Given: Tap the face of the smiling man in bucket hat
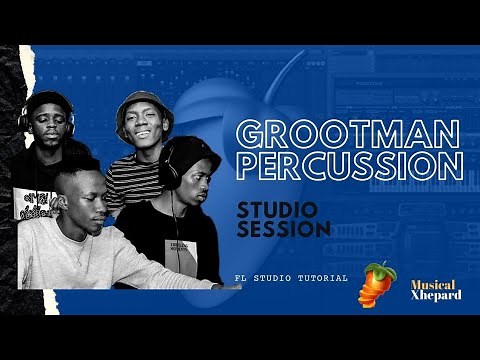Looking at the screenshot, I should (142, 128).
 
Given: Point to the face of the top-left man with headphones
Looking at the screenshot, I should (50, 124).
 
